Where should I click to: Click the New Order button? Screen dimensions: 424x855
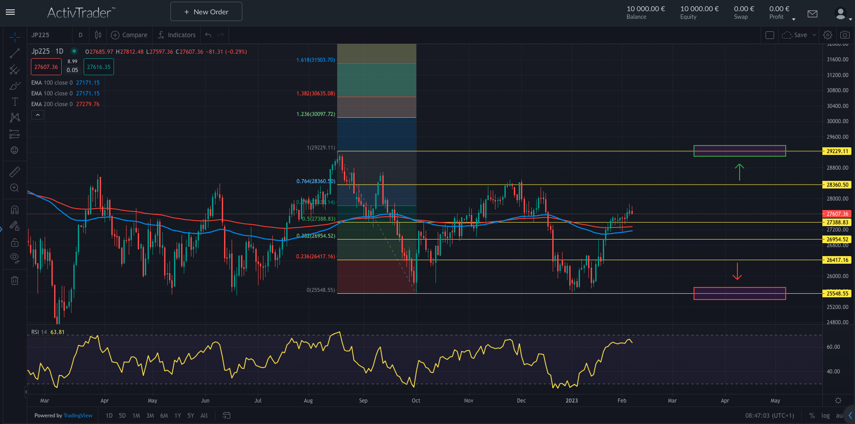[206, 12]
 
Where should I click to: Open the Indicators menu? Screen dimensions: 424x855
[177, 35]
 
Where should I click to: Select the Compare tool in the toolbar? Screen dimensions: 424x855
[129, 35]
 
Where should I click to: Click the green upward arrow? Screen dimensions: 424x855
[739, 172]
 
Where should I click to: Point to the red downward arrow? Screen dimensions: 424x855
[737, 271]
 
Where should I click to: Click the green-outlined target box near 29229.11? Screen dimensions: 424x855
[739, 151]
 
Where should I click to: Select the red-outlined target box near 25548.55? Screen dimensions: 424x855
[739, 293]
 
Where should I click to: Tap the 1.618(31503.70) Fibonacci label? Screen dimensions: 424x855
[315, 60]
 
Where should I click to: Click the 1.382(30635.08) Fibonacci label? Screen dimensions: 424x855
[315, 94]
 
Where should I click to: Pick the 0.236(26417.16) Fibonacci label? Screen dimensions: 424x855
[315, 257]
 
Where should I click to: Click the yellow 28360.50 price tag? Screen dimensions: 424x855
[837, 185]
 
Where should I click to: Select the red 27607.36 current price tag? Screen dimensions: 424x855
[837, 214]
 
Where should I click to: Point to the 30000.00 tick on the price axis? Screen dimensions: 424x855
[837, 121]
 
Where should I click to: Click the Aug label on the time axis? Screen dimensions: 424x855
[308, 401]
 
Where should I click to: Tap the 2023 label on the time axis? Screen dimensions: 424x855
[571, 401]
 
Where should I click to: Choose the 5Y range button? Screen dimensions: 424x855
[190, 415]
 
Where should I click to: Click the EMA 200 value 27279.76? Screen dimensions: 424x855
[88, 104]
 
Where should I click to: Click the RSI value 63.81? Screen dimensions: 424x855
[57, 332]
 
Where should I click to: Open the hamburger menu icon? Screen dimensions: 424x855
[10, 12]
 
